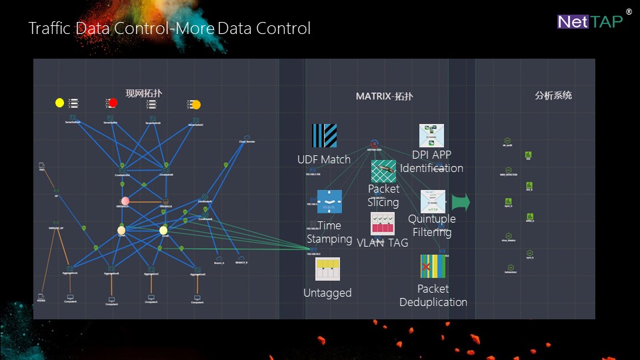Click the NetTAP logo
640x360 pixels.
(x=590, y=21)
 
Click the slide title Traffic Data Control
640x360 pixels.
(x=169, y=29)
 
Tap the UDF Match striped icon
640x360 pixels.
(x=324, y=136)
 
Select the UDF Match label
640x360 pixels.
(x=324, y=159)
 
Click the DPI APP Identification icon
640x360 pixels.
(x=432, y=135)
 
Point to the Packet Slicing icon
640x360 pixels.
(x=383, y=171)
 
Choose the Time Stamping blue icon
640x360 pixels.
(x=329, y=203)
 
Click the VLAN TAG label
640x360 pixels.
(x=383, y=243)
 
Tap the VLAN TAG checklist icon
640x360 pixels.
(x=383, y=223)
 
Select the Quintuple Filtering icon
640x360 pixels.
(x=433, y=201)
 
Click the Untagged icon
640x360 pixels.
(x=327, y=269)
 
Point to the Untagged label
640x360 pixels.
(x=327, y=293)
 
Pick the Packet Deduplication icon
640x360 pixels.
(x=433, y=266)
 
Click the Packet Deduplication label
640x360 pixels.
(x=433, y=295)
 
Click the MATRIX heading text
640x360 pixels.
(x=384, y=96)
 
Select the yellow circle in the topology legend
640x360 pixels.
(x=59, y=103)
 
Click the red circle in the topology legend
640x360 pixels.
(x=113, y=103)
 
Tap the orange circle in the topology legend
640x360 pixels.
(x=196, y=105)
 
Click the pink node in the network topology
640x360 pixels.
(x=125, y=201)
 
